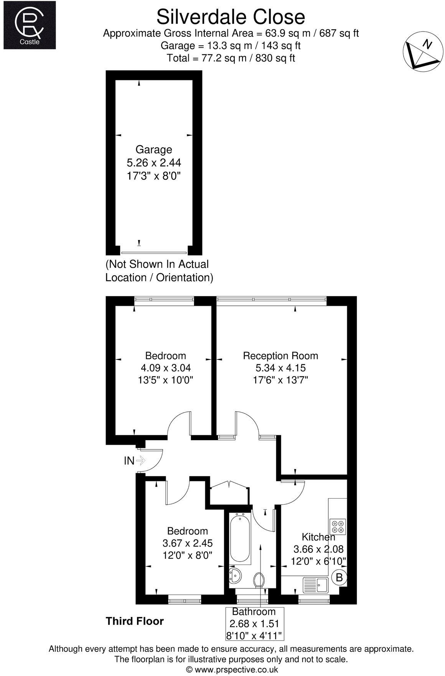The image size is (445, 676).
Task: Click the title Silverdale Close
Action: (231, 17)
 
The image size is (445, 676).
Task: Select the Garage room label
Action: (154, 149)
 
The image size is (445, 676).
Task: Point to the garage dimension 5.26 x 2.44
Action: (154, 163)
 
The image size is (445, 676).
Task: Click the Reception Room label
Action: (280, 356)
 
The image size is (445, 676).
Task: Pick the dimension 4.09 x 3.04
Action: (166, 368)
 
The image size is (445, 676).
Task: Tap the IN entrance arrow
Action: (141, 460)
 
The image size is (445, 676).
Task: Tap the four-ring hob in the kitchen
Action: (338, 527)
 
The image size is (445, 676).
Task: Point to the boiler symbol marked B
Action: (339, 577)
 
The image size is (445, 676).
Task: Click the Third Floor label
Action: (135, 621)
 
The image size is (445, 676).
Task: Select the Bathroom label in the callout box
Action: (254, 611)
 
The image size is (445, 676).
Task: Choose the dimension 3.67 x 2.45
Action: (188, 543)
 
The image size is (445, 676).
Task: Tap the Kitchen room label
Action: (318, 537)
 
